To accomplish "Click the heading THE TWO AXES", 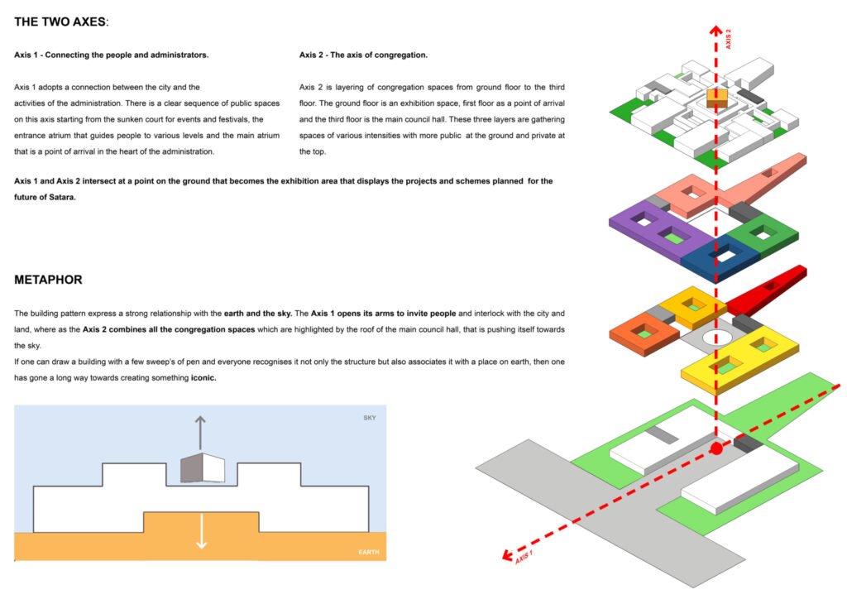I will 61,21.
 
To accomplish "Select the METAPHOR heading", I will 48,280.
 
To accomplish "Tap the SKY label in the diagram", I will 369,418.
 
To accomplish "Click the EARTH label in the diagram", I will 368,552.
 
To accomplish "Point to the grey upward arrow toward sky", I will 199,431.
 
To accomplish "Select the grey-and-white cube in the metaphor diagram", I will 202,467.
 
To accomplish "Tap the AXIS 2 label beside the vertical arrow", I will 729,39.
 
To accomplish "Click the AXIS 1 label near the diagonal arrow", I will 524,557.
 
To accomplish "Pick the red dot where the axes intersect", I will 717,448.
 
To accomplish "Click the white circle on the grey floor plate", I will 716,339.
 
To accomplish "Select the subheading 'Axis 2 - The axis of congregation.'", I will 363,55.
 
